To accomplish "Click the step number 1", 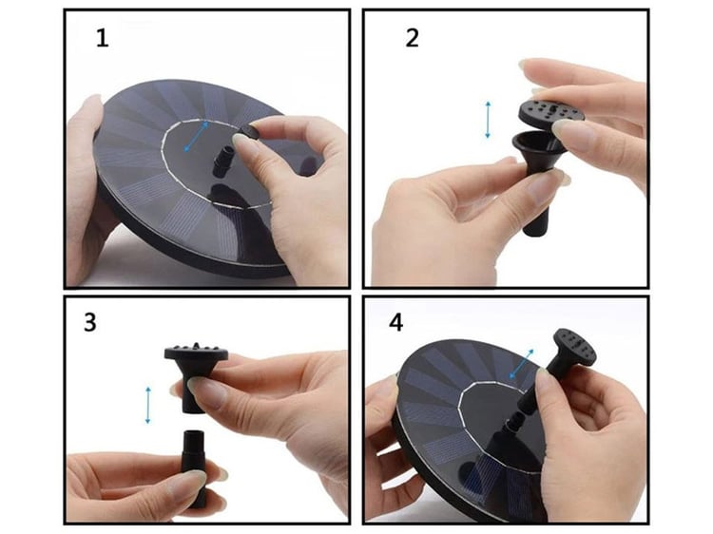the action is [x=103, y=38].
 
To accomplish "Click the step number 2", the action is [x=412, y=38].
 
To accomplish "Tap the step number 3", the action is [x=90, y=322].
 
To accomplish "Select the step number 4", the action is [x=396, y=323].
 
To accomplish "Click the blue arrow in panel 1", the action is [x=197, y=136].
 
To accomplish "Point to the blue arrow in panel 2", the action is [x=488, y=120].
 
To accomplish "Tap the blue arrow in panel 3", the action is [x=147, y=405].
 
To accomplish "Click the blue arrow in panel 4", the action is [x=522, y=364].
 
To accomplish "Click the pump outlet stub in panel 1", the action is [x=222, y=162].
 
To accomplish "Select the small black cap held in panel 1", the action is [x=248, y=134].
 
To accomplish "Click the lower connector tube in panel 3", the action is [x=195, y=468].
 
